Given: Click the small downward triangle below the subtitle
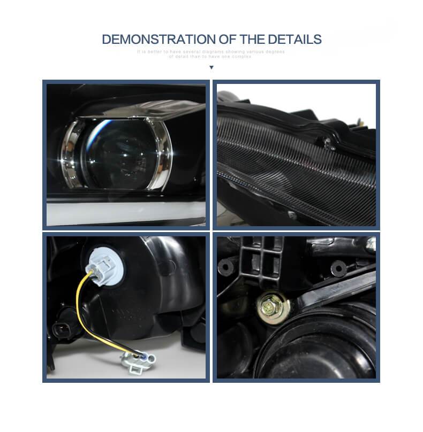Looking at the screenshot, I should pos(211,67).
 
